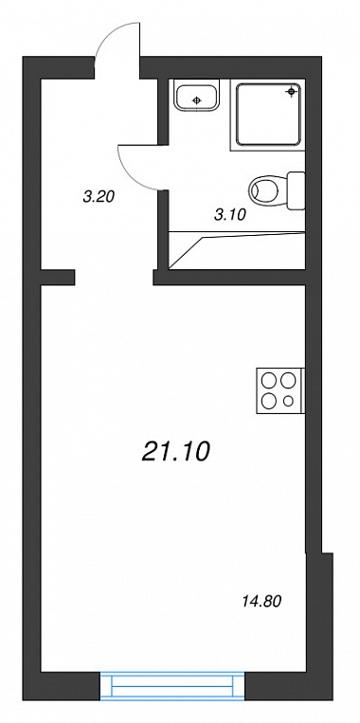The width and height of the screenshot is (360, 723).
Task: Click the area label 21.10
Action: tap(175, 451)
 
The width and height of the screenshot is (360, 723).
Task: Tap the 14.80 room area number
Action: tap(261, 602)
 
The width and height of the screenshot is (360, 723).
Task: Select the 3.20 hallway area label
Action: tap(99, 197)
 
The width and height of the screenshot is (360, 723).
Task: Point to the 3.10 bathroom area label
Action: tap(230, 214)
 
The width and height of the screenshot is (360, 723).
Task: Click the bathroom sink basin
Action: tap(197, 97)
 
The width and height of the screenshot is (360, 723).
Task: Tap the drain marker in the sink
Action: tap(197, 100)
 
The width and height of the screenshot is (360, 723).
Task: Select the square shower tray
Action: tap(268, 114)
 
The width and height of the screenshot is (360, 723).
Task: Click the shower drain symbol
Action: tap(291, 92)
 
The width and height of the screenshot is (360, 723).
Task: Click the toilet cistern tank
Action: tap(296, 190)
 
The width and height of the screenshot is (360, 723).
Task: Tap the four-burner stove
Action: tap(280, 390)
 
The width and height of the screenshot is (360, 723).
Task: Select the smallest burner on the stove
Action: tap(289, 401)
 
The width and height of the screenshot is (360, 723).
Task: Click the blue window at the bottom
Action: tap(172, 687)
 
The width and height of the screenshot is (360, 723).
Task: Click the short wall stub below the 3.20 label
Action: tap(58, 278)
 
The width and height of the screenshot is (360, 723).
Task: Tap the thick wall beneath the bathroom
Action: tap(229, 278)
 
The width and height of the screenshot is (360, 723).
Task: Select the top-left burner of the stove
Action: tap(268, 380)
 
